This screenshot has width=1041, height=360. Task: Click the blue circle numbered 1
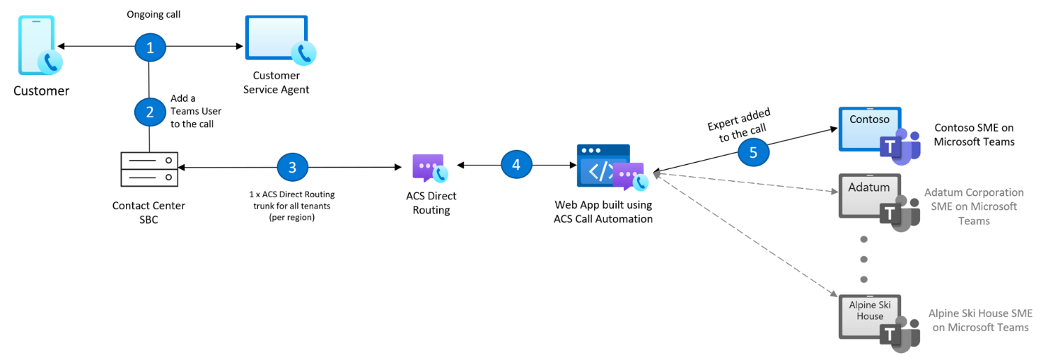[x=149, y=47]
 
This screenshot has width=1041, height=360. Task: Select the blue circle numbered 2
[x=149, y=111]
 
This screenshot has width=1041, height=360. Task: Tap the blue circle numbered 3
[x=293, y=167]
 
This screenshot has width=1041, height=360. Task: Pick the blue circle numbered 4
[x=516, y=165]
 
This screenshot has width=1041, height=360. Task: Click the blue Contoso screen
[x=869, y=127]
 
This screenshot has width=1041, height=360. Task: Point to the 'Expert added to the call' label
[x=739, y=126]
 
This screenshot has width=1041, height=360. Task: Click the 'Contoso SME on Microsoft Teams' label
[x=974, y=134]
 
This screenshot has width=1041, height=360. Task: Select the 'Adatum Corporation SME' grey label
[x=973, y=206]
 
